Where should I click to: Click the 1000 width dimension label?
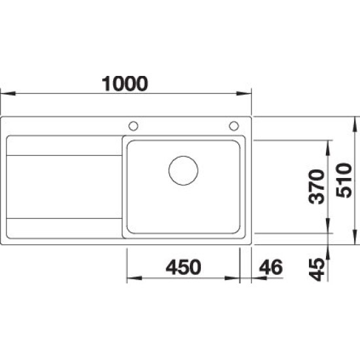point(125,84)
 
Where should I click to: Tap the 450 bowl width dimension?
point(183,267)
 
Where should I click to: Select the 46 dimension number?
point(271,267)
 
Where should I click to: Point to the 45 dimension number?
point(317,270)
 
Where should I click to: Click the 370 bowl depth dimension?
point(317,187)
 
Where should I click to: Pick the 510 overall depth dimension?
point(344,180)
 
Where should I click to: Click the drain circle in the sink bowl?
point(183,171)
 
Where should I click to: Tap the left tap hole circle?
point(134,126)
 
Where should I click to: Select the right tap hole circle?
point(234,126)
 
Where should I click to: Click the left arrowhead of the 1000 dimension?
point(8,94)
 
